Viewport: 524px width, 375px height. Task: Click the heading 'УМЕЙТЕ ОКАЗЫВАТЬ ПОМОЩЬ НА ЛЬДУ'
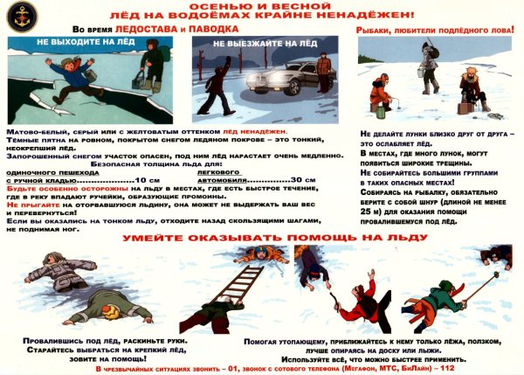click(x=261, y=238)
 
